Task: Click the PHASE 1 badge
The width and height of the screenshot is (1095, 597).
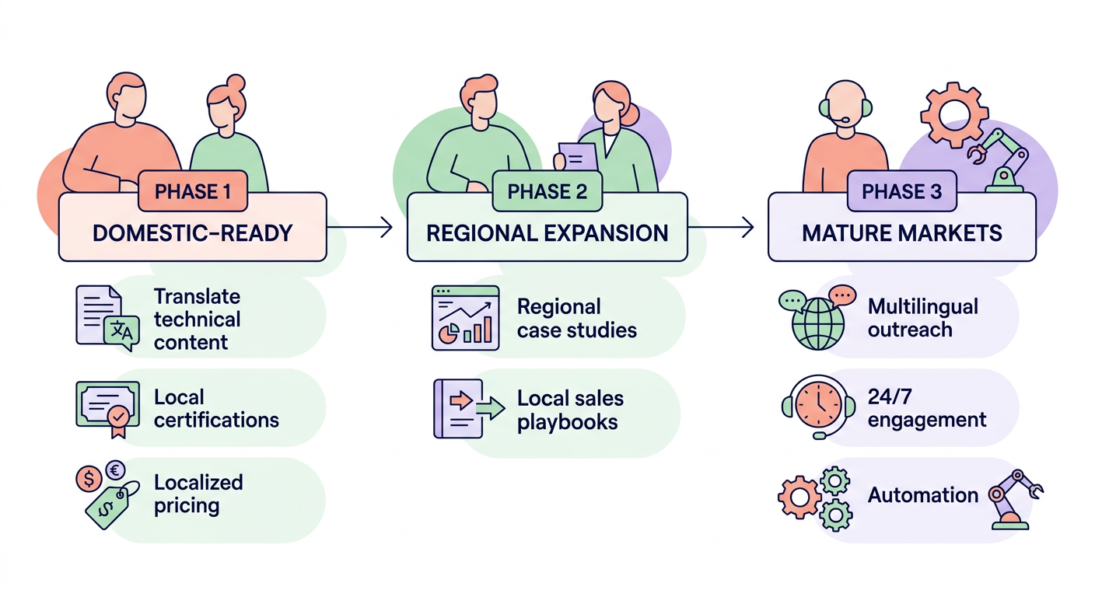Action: pos(192,191)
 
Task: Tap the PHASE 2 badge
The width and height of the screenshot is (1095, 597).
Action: pos(547,191)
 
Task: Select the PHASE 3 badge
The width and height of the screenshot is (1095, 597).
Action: pos(901,191)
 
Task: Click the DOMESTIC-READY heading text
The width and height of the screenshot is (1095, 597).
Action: pos(192,232)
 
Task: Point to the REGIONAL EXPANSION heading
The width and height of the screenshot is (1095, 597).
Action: pos(547,232)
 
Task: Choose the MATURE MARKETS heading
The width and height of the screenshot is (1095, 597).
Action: pos(901,232)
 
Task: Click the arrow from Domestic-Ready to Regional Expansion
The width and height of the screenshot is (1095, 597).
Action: pos(359,227)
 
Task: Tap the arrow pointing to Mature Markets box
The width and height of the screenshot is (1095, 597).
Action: pos(722,227)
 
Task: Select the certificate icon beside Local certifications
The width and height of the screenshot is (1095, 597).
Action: pos(107,405)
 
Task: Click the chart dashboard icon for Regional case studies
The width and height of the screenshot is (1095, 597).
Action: pos(465,317)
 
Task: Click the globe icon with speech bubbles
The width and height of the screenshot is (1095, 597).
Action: pos(815,319)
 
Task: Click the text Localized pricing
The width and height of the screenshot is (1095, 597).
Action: pos(198,494)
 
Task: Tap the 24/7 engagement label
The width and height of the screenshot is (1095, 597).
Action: pos(926,409)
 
